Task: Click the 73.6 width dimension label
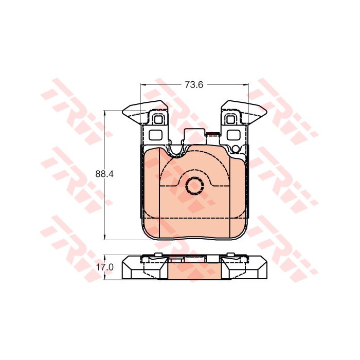(194, 85)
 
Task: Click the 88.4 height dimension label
(104, 174)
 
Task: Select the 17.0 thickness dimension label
(105, 267)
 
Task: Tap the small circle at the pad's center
(194, 186)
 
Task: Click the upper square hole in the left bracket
(158, 119)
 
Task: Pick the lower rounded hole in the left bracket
(156, 135)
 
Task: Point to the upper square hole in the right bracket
(230, 119)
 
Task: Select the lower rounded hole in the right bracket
(233, 135)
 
